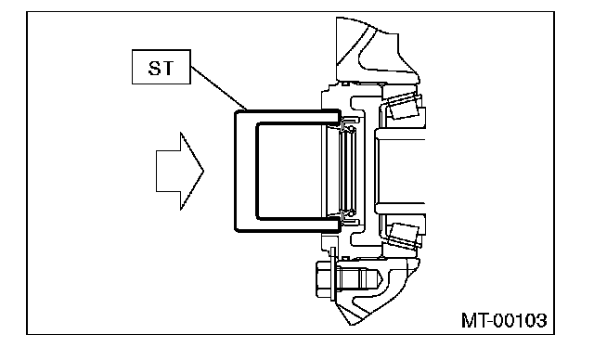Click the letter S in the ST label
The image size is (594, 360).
tap(155, 68)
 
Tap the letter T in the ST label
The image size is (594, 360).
tap(167, 68)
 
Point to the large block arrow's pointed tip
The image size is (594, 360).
tap(204, 171)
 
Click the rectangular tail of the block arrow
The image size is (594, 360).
tap(168, 171)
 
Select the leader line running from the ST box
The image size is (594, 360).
tap(219, 88)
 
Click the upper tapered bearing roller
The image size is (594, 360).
tap(404, 107)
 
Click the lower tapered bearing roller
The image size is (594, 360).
tap(404, 235)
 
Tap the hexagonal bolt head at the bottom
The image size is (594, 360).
tap(323, 280)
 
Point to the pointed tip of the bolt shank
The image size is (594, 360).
tap(381, 280)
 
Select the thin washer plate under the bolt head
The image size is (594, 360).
tap(332, 275)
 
